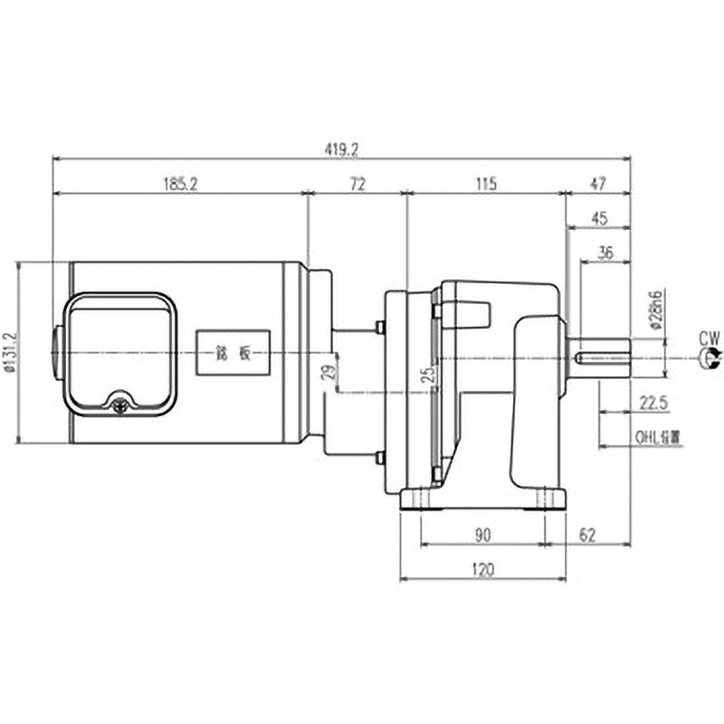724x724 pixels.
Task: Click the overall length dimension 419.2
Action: click(340, 148)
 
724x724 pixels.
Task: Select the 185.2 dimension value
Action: click(180, 184)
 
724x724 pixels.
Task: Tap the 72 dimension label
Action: click(357, 184)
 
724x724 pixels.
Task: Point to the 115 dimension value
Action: click(486, 184)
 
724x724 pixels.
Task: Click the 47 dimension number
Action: click(597, 184)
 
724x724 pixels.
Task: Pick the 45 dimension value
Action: click(598, 218)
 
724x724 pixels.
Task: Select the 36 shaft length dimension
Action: click(606, 253)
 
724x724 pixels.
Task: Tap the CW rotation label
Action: click(710, 338)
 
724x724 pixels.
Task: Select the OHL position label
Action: click(657, 435)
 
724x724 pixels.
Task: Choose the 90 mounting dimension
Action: click(482, 535)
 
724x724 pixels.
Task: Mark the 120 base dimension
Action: click(482, 569)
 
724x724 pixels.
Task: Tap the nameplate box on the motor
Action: click(233, 352)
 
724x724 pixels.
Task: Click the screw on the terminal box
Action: click(119, 406)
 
